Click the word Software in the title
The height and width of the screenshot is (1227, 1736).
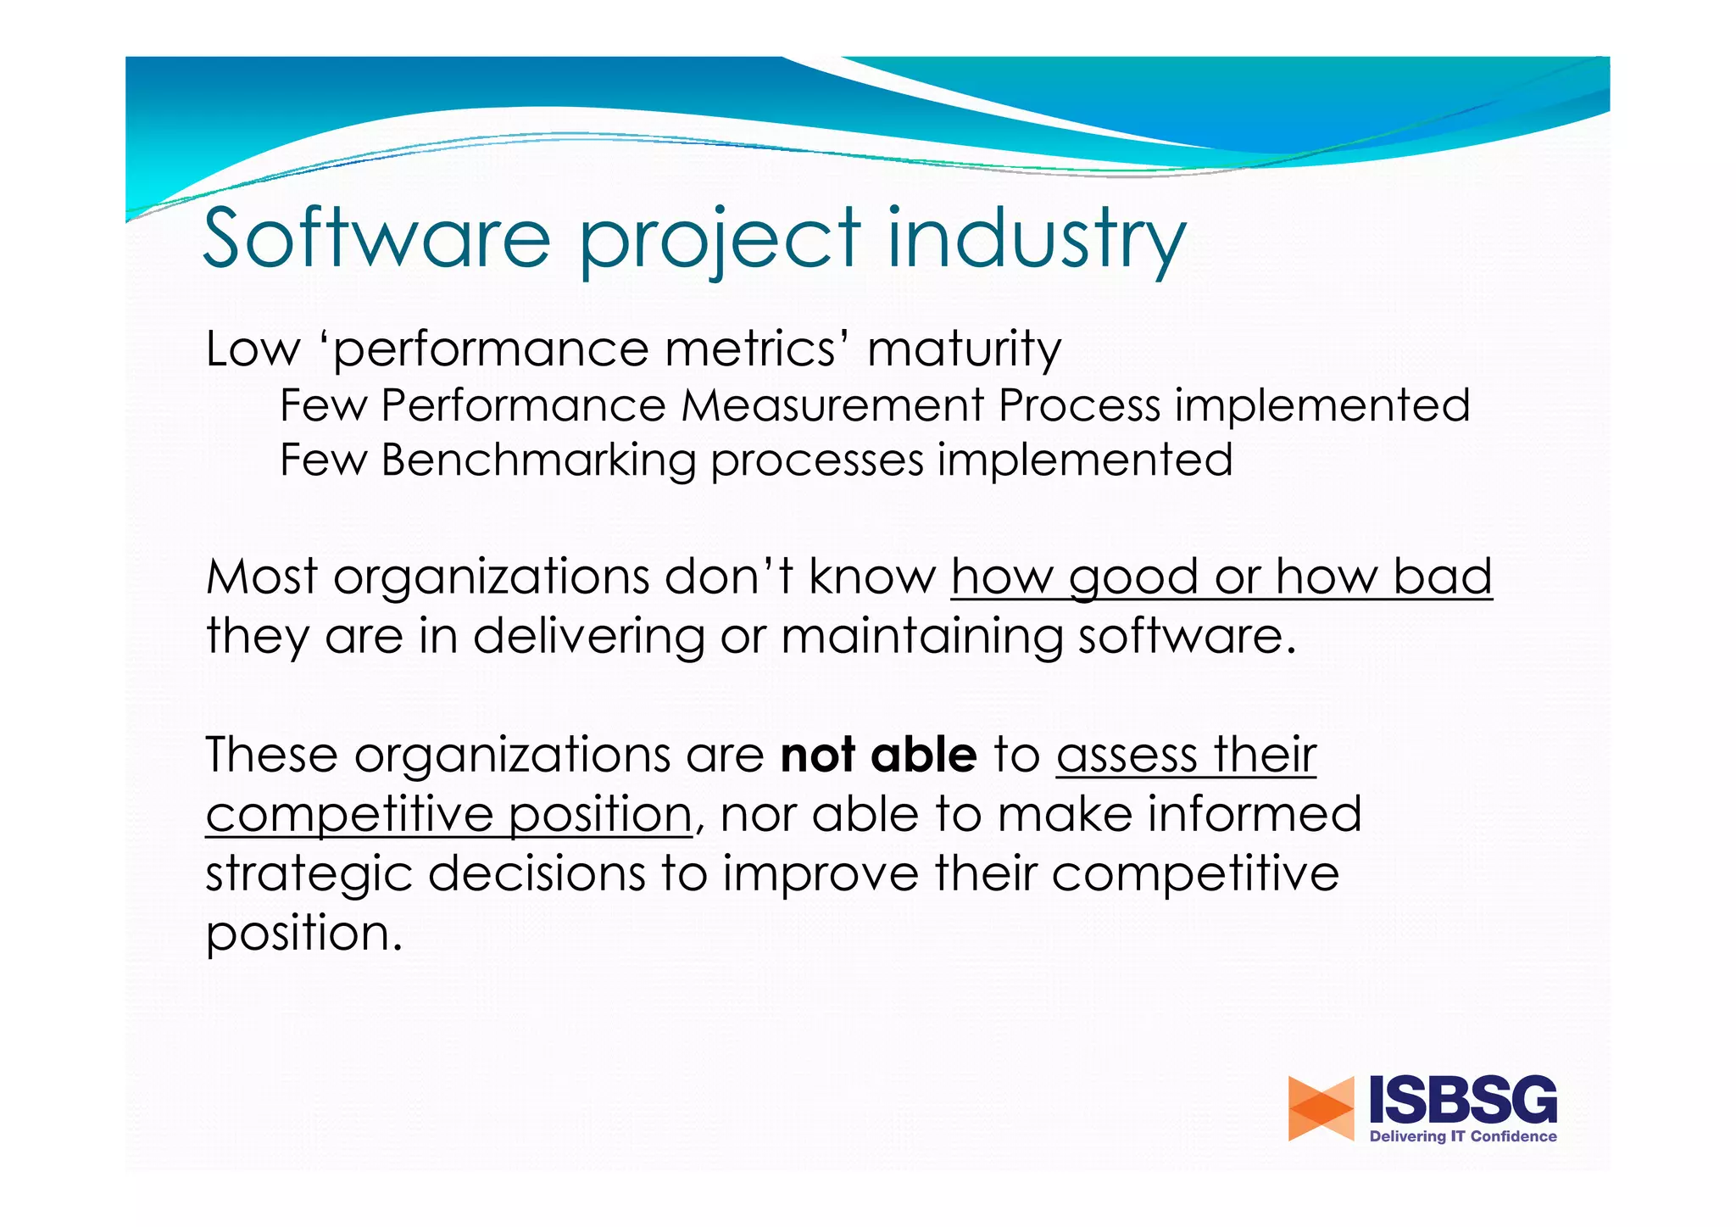point(377,238)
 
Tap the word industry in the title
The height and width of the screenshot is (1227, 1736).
point(1036,238)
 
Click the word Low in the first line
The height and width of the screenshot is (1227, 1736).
point(253,349)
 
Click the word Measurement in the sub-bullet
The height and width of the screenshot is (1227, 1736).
point(832,405)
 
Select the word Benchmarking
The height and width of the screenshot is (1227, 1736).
point(538,460)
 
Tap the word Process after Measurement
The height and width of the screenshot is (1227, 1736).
point(1078,405)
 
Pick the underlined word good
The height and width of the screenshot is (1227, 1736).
point(1132,578)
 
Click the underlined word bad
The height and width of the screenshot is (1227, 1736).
point(1443,577)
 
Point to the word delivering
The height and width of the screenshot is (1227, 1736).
point(588,637)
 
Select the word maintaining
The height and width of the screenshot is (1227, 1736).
point(921,637)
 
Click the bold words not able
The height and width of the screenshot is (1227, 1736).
point(878,755)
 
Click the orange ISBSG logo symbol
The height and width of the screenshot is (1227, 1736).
point(1321,1108)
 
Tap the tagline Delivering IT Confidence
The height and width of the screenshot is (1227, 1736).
point(1463,1136)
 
